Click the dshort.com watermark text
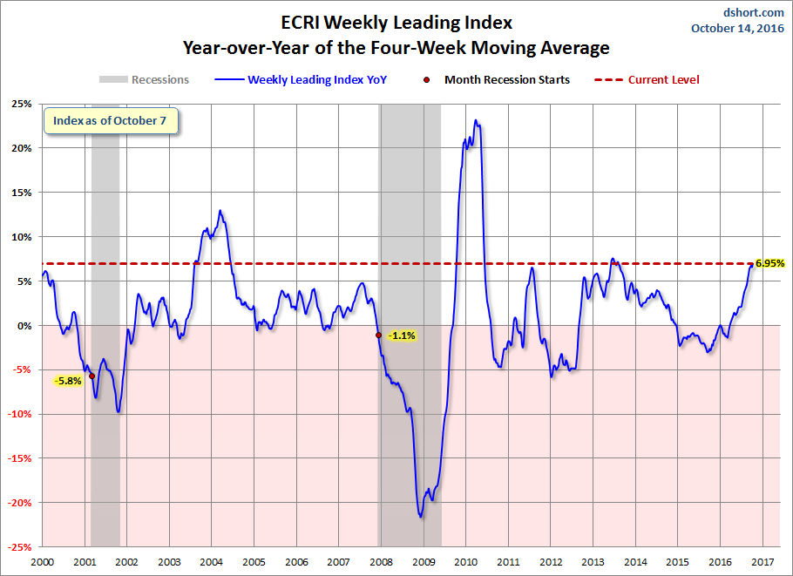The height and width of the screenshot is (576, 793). [x=753, y=12]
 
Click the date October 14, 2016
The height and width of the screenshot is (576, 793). [x=737, y=28]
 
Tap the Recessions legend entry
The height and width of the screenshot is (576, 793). [x=144, y=79]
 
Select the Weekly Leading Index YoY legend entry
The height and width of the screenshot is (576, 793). [x=301, y=80]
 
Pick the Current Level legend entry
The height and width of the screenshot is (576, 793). [x=647, y=80]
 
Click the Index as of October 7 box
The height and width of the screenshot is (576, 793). [x=111, y=121]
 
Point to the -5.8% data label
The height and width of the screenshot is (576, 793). [x=68, y=381]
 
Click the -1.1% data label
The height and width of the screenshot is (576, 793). [x=402, y=335]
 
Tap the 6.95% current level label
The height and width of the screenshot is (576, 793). [x=769, y=263]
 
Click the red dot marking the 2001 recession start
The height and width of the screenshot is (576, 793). [x=91, y=376]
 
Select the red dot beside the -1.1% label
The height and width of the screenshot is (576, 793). [x=378, y=335]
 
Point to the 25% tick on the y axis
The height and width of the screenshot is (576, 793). [x=22, y=104]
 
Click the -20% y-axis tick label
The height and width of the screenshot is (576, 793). [x=20, y=503]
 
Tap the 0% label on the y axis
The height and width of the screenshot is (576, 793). [x=24, y=326]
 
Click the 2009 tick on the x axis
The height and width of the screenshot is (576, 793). [x=424, y=562]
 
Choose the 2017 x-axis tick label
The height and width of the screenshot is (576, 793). [x=762, y=562]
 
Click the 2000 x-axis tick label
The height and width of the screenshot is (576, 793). [x=43, y=562]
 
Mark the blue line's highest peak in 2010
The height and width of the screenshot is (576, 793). [x=476, y=120]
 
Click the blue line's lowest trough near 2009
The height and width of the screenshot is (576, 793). [x=421, y=517]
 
